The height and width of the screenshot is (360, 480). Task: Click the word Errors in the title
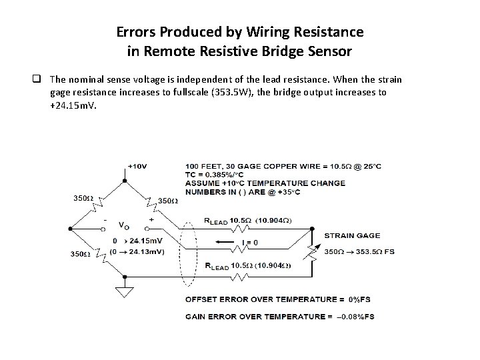coord(136,31)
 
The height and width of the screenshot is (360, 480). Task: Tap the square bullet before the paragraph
coord(41,79)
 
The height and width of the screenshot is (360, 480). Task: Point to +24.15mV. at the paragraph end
coord(73,105)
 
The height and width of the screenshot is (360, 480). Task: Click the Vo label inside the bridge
coord(123,226)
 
